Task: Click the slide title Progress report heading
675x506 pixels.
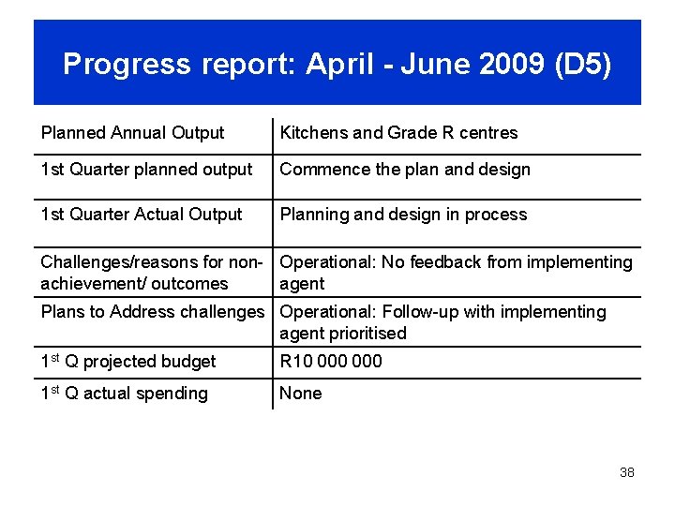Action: coord(337,64)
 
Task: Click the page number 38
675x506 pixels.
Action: coord(626,472)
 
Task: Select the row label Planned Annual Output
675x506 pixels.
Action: coord(132,133)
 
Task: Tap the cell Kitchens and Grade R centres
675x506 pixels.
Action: coord(398,133)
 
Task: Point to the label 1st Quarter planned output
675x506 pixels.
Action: coord(146,170)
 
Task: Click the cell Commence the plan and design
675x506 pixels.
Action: coord(405,170)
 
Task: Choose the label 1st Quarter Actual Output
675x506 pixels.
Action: coord(141,215)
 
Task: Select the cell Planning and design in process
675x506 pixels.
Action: coord(403,215)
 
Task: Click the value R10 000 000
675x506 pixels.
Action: coord(331,362)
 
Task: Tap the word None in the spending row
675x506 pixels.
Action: coord(300,394)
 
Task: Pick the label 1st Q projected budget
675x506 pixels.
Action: coord(127,362)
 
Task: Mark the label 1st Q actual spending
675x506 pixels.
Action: coord(124,394)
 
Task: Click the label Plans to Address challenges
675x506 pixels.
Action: coord(153,312)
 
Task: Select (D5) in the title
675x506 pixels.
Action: coord(583,64)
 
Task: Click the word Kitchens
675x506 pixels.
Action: coord(313,133)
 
